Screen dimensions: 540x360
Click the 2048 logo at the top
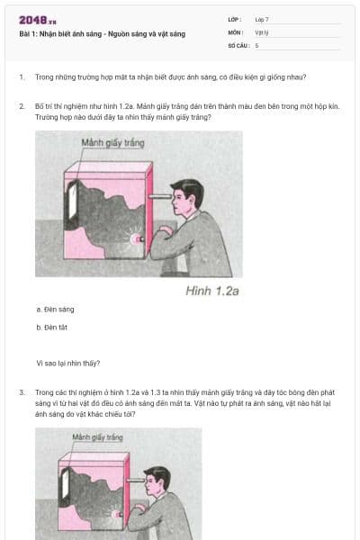[37, 20]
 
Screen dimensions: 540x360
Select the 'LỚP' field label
[235, 19]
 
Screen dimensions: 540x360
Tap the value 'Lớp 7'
[262, 19]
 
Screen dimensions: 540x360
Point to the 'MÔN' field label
[235, 31]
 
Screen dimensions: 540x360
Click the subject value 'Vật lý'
[261, 31]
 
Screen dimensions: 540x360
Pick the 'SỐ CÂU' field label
[238, 44]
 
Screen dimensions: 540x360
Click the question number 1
[21, 77]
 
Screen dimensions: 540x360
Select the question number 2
[21, 106]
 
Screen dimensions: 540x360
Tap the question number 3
[21, 392]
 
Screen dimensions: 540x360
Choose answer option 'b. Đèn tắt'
[52, 328]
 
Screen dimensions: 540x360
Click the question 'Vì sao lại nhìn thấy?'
[67, 364]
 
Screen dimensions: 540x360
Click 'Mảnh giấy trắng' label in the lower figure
[97, 437]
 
